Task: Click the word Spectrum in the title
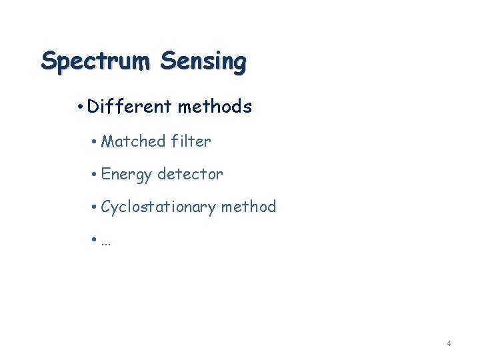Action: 95,61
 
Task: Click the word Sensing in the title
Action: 203,61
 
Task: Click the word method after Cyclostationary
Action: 248,207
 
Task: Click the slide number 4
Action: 449,343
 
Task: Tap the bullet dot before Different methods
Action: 80,107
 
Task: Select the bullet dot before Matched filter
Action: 95,142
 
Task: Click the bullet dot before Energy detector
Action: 95,175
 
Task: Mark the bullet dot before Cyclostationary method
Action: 95,208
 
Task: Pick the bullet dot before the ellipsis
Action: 95,241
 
